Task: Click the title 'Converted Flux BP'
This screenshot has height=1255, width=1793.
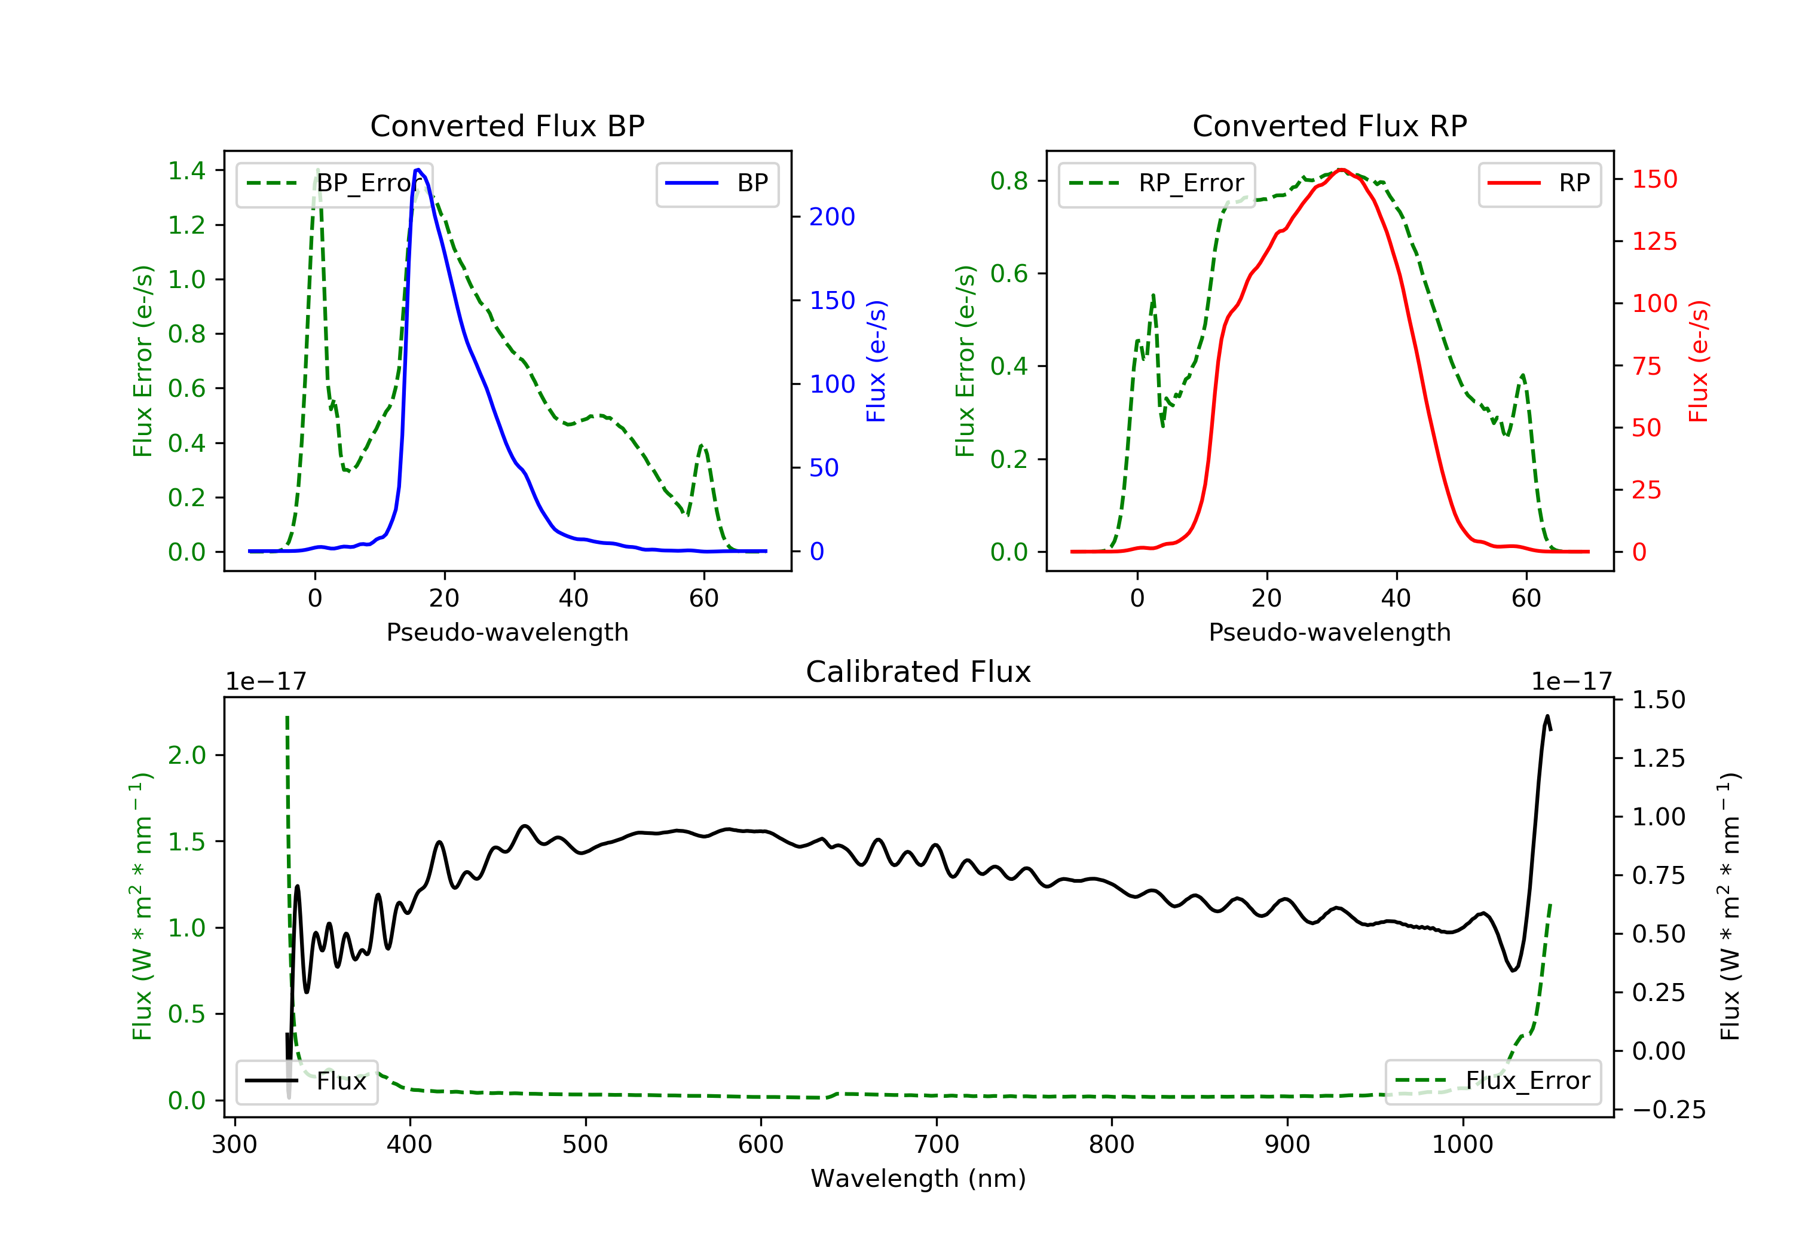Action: (507, 125)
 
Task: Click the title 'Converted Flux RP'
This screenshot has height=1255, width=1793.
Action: (1329, 125)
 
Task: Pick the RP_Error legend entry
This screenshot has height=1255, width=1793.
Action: (1156, 183)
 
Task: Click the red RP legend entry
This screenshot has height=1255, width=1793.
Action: (1539, 183)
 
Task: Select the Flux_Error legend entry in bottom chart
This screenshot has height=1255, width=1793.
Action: (1492, 1081)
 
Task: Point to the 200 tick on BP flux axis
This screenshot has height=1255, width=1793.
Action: (832, 217)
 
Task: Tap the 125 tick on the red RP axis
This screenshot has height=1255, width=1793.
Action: (1654, 241)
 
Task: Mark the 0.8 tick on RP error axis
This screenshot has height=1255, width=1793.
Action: (1009, 181)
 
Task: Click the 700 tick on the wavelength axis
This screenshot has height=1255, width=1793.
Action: (937, 1145)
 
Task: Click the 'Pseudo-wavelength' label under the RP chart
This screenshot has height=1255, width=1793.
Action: (1329, 632)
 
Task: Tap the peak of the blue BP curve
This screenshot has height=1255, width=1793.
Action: (418, 170)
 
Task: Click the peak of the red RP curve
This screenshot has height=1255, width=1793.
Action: (1341, 170)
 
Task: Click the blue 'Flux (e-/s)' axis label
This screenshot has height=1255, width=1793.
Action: (876, 361)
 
